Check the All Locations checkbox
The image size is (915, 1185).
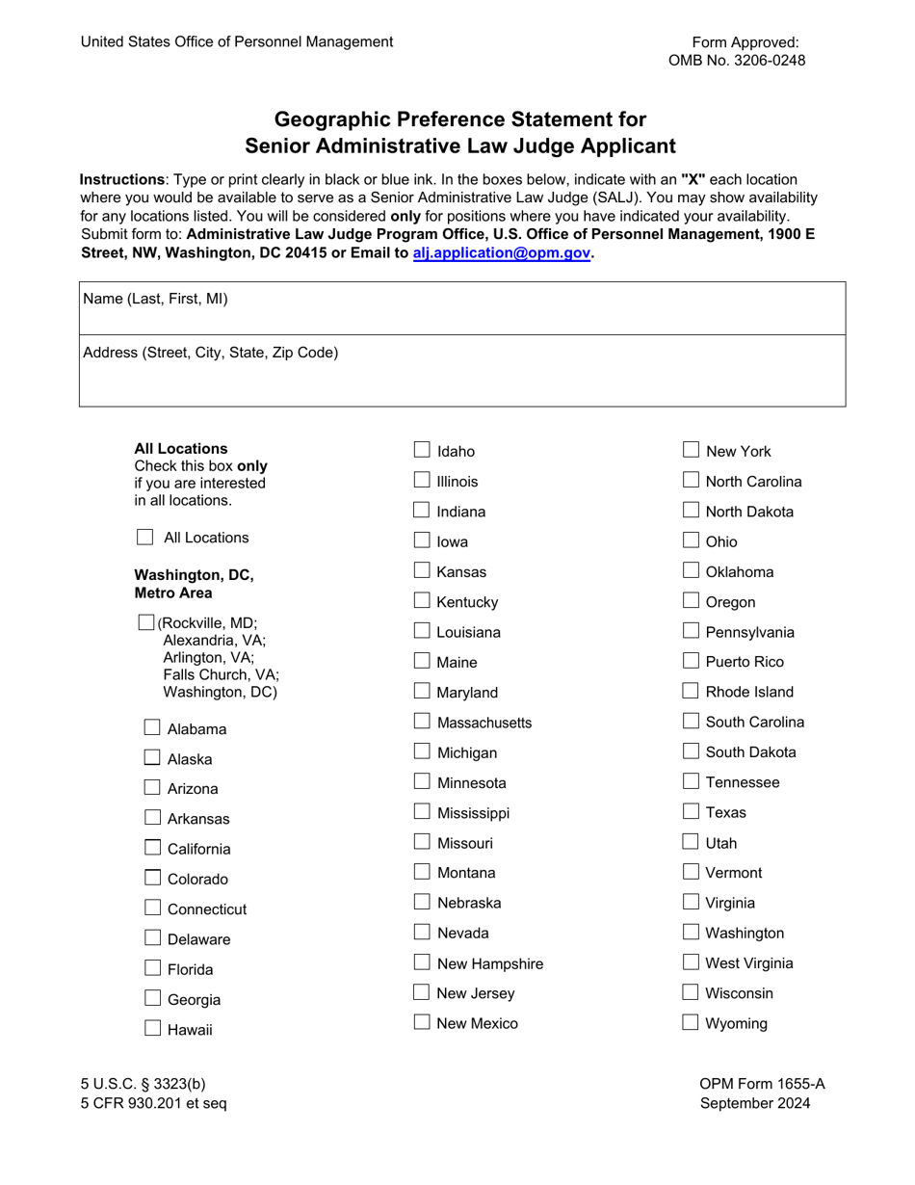(144, 537)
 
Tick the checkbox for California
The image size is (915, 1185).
(152, 848)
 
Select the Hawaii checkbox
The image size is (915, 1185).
(152, 1028)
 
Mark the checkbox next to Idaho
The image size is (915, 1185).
(422, 450)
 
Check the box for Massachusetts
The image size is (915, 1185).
(422, 721)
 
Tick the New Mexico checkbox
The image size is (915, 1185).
(422, 1022)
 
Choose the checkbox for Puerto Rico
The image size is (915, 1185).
(691, 661)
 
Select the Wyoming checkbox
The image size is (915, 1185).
(691, 1022)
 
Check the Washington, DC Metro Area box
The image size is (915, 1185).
(146, 622)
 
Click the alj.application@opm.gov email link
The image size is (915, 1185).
(501, 252)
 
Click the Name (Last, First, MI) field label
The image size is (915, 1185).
(156, 299)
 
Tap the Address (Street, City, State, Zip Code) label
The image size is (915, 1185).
(211, 353)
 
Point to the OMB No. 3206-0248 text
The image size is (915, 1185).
(737, 61)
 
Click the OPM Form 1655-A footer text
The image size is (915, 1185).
(762, 1084)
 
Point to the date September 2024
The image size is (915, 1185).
(755, 1103)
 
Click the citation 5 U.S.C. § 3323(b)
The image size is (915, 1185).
(143, 1084)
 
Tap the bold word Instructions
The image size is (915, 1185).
(121, 179)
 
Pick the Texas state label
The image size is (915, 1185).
(725, 812)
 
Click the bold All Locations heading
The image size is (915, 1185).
(181, 448)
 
